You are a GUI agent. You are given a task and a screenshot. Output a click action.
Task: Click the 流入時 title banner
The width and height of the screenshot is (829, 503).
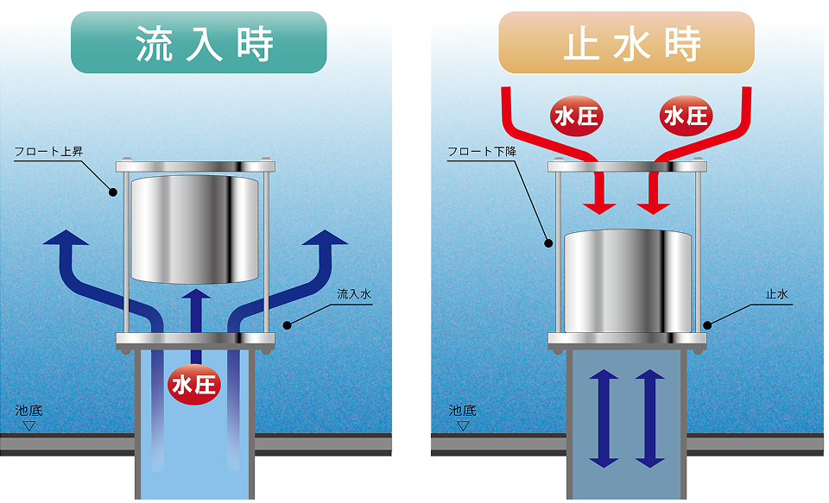198,42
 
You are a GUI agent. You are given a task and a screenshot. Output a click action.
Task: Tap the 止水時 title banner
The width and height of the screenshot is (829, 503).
626,42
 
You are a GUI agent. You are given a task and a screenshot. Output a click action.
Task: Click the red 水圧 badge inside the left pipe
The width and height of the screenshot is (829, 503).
194,383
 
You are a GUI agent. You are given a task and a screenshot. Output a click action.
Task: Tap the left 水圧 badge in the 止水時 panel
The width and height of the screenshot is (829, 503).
576,115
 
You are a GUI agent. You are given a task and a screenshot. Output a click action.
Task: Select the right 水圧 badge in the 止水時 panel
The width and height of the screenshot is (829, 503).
685,115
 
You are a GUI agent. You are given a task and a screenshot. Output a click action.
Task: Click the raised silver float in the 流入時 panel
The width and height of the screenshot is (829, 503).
194,229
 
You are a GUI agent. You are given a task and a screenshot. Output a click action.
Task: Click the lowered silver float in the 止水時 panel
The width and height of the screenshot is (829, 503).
628,281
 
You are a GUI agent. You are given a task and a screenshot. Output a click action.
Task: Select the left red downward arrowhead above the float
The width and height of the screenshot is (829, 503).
599,205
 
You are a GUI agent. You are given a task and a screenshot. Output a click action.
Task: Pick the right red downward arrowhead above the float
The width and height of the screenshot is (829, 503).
653,205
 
